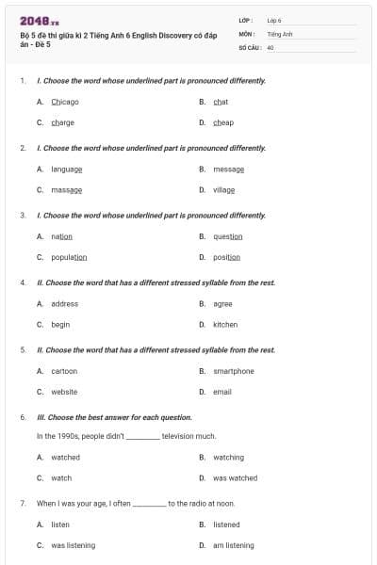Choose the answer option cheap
(223, 122)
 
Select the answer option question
(228, 236)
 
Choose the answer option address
(64, 304)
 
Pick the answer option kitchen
(225, 325)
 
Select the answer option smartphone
(234, 371)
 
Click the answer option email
(222, 392)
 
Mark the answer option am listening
(234, 545)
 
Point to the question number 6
(23, 416)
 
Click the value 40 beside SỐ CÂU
(270, 46)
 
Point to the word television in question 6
(179, 437)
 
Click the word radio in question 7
(188, 504)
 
